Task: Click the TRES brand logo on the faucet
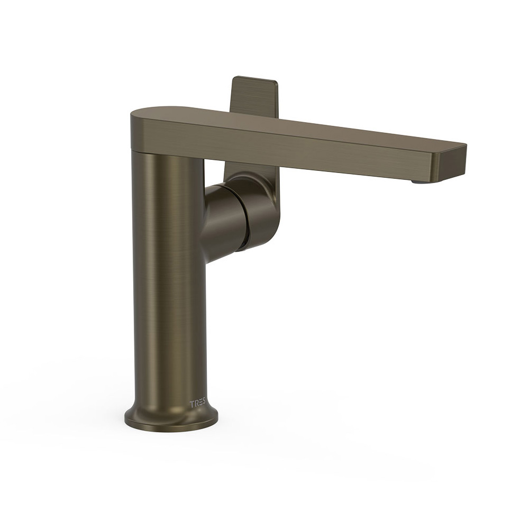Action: pos(197,404)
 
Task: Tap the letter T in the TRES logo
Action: pos(191,404)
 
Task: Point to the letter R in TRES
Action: pos(196,404)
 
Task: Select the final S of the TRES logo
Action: pos(204,404)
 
